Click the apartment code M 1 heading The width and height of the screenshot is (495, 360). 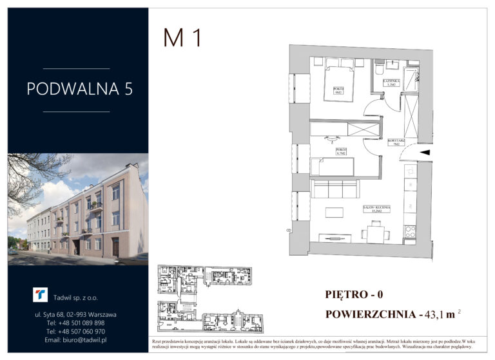pyautogui.click(x=182, y=38)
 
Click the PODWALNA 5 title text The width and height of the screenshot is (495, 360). pyautogui.click(x=79, y=89)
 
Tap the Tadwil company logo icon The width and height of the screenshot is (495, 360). pyautogui.click(x=41, y=295)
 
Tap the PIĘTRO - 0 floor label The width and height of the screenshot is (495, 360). pyautogui.click(x=354, y=295)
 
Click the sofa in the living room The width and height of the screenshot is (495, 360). pyautogui.click(x=335, y=189)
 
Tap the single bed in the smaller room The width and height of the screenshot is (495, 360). pyautogui.click(x=333, y=167)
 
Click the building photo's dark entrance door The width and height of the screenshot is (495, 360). pyautogui.click(x=115, y=247)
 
